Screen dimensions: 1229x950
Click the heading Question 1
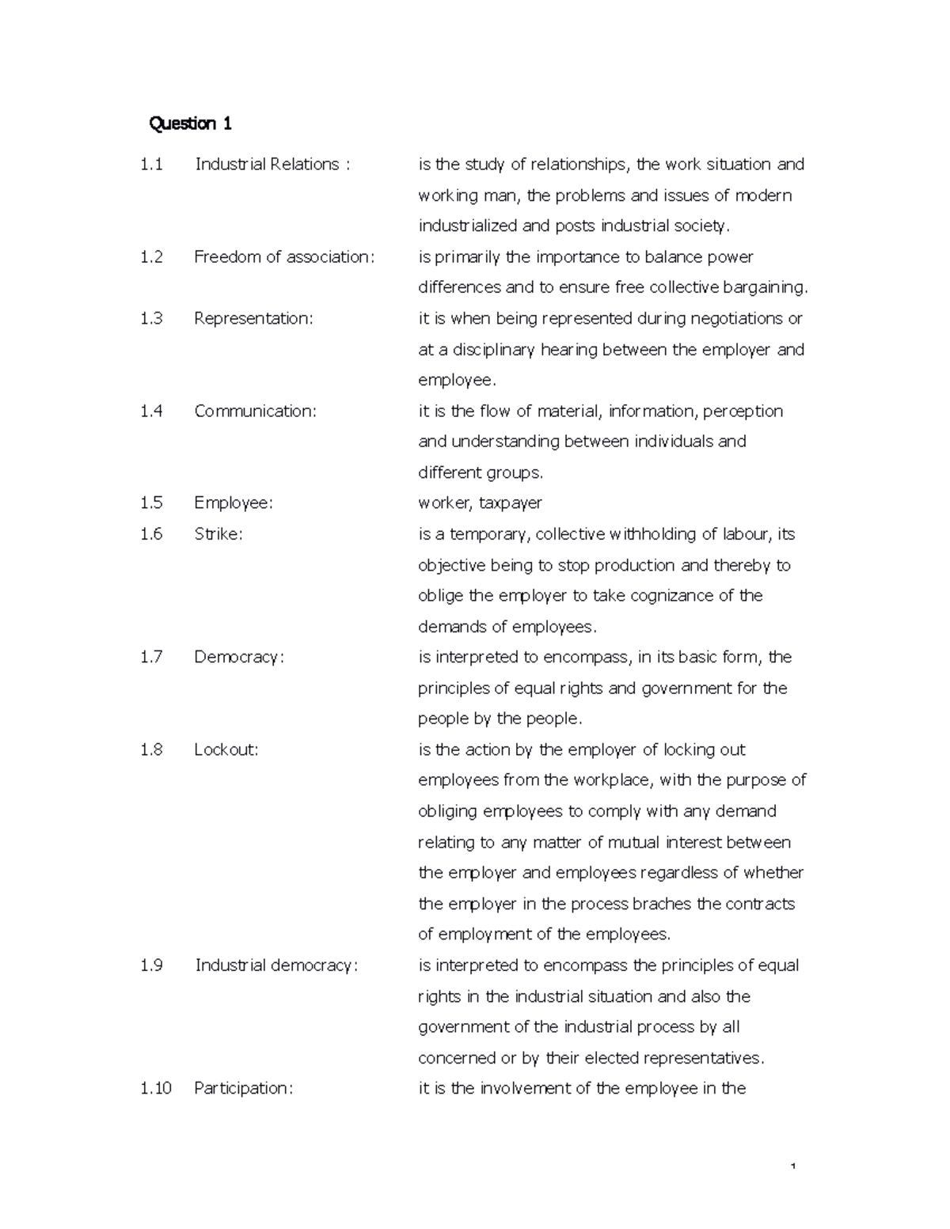[x=190, y=123]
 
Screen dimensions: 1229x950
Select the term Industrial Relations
[x=267, y=165]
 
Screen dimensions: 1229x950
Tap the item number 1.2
[x=151, y=257]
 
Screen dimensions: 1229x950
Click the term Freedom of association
[x=283, y=257]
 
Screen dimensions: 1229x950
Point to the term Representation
[x=253, y=319]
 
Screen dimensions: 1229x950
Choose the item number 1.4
[x=151, y=412]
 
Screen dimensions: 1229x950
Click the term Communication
[x=255, y=412]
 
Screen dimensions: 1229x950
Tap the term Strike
[x=218, y=534]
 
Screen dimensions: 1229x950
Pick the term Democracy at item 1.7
[x=238, y=658]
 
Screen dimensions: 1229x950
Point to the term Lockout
[x=226, y=750]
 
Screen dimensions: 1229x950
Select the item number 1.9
[x=151, y=965]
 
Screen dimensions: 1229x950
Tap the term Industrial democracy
[x=276, y=965]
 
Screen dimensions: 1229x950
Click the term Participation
[x=243, y=1089]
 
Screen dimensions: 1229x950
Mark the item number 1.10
[x=155, y=1089]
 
